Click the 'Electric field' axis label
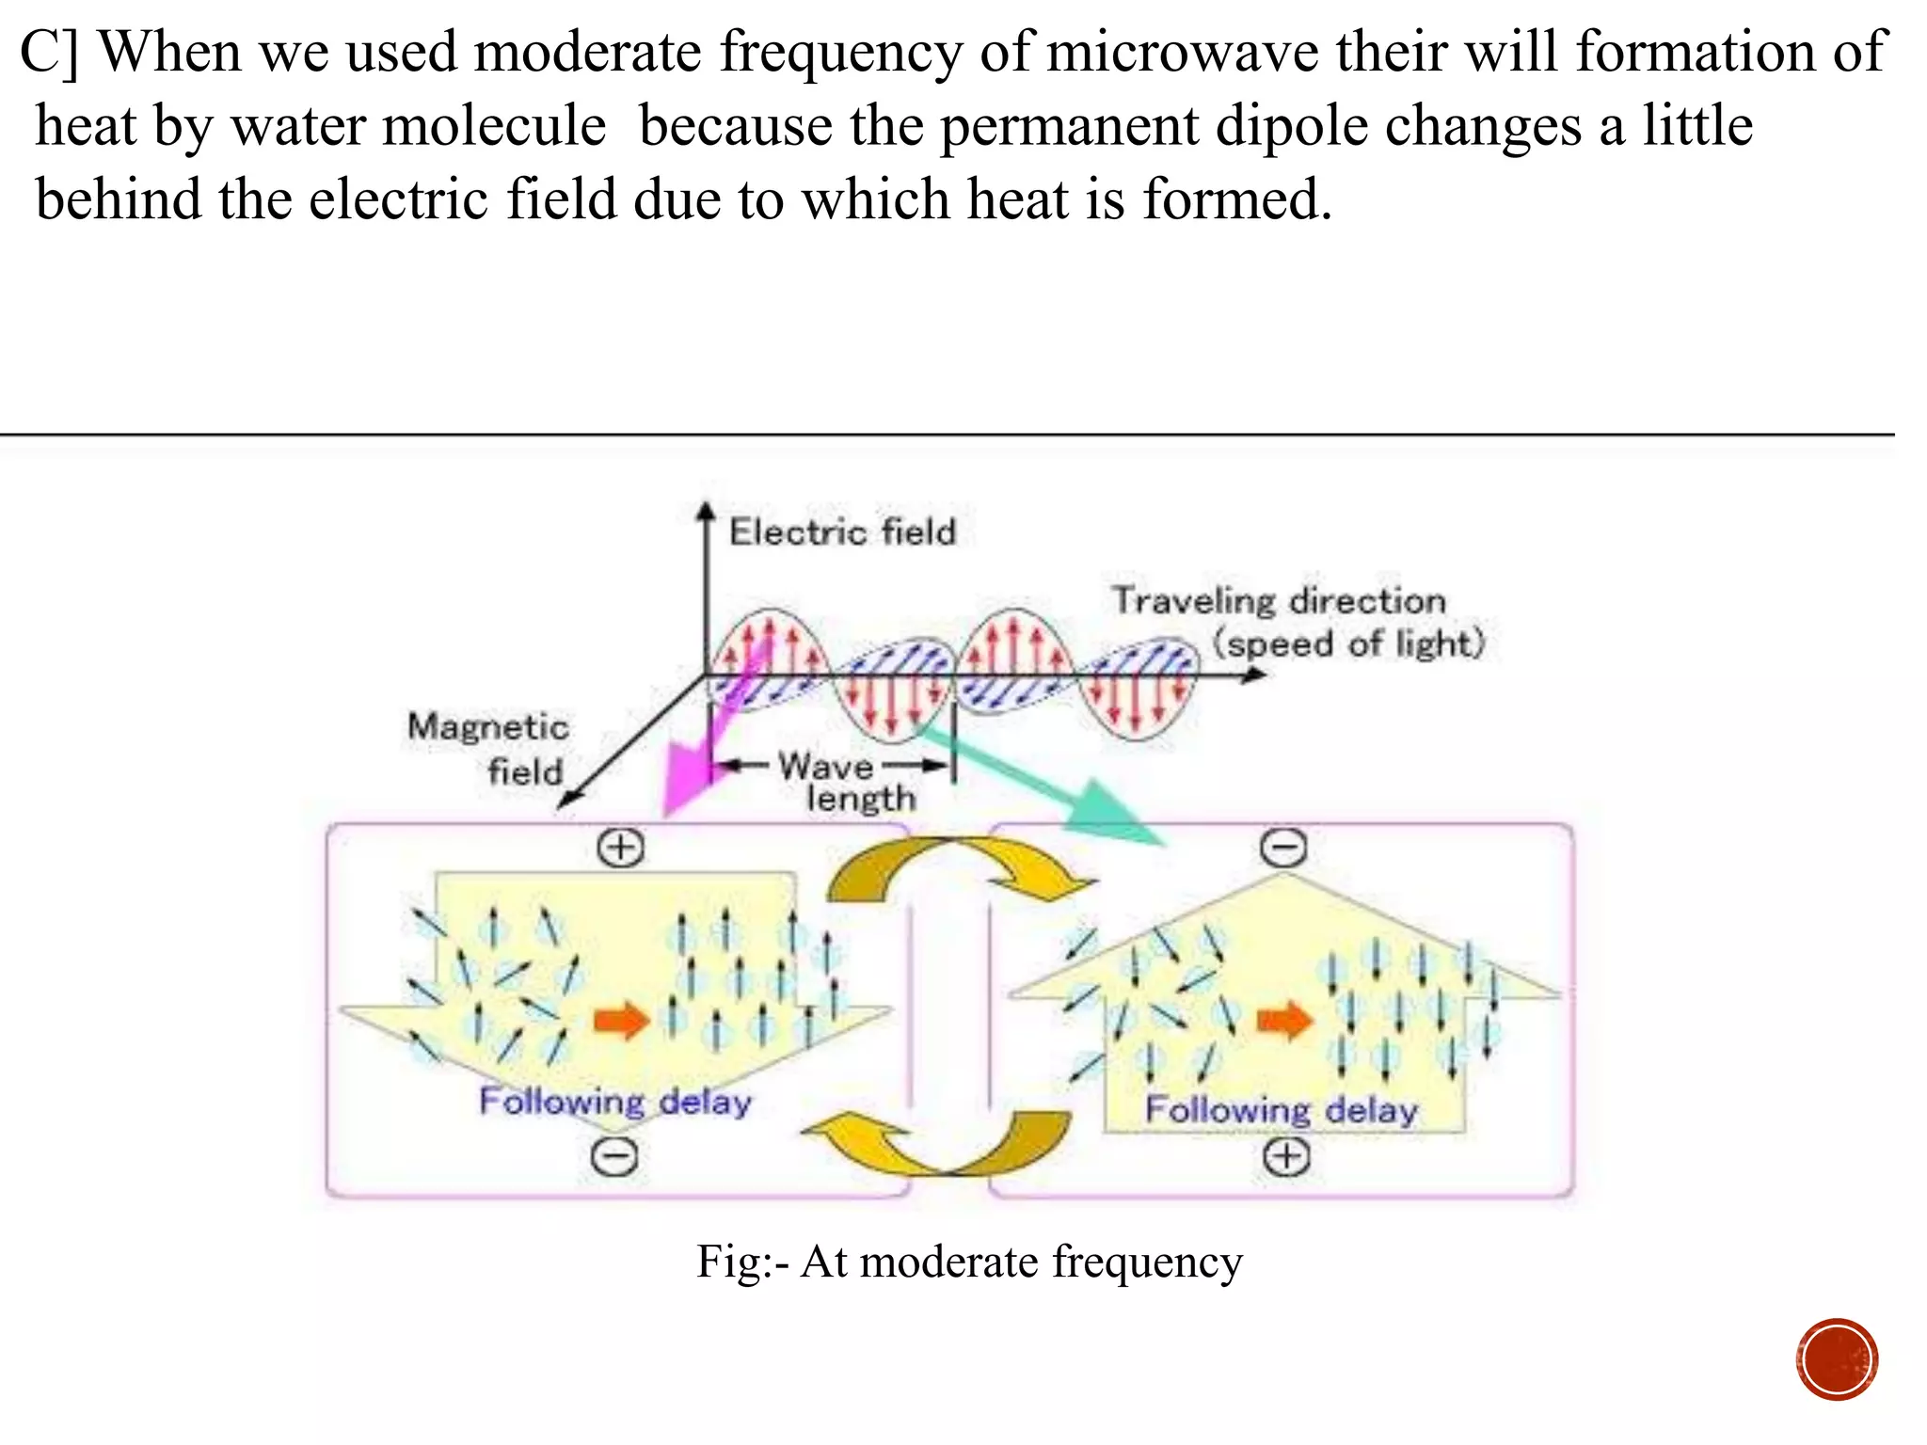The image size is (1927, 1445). point(842,532)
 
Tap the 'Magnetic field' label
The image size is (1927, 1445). point(487,749)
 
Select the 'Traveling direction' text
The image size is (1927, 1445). point(1279,600)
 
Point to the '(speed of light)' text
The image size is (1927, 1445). point(1347,644)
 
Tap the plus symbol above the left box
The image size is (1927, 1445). point(621,848)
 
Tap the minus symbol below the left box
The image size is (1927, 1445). point(614,1156)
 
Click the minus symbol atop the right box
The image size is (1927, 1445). point(1283,848)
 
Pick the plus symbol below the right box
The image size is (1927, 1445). point(1286,1156)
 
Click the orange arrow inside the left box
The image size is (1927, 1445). point(621,1020)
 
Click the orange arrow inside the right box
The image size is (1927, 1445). point(1285,1020)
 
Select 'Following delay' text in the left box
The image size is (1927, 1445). point(615,1101)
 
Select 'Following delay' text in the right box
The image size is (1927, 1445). point(1281,1110)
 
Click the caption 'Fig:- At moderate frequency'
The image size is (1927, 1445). point(969,1262)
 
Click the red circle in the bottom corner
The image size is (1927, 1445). point(1837,1359)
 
